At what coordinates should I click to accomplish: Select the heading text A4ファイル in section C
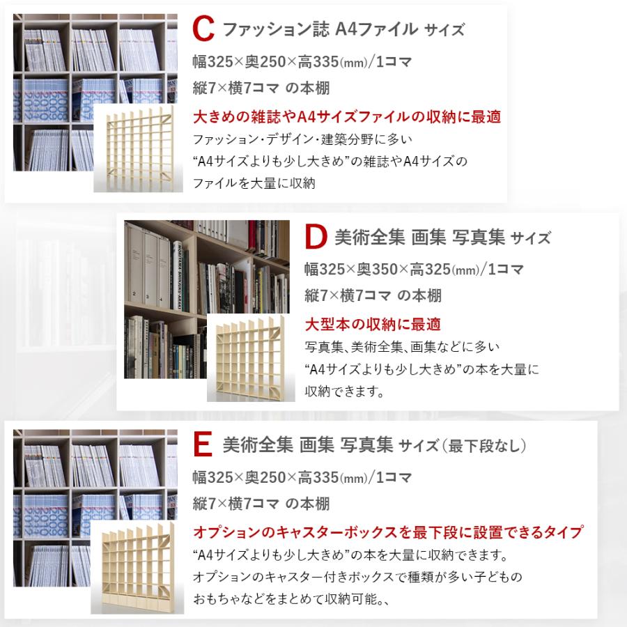click(x=376, y=30)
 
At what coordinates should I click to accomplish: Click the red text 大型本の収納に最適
click(x=373, y=325)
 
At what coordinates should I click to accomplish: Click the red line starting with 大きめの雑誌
click(x=347, y=117)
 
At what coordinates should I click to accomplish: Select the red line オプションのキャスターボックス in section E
click(x=388, y=533)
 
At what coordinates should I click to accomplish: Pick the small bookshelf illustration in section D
click(x=247, y=358)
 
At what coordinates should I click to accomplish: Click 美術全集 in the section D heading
click(x=369, y=238)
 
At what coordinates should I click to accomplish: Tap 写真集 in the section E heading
click(x=366, y=444)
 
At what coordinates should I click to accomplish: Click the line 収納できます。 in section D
click(x=345, y=392)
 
